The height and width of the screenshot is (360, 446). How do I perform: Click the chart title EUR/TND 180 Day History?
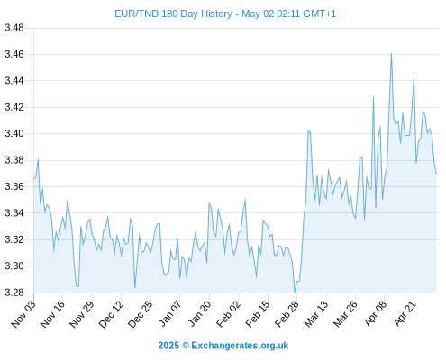pyautogui.click(x=173, y=13)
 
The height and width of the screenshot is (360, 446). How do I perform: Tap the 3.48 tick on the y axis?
pyautogui.click(x=14, y=28)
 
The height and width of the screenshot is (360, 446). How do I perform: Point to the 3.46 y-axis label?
pyautogui.click(x=14, y=54)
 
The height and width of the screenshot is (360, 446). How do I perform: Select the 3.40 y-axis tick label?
pyautogui.click(x=14, y=133)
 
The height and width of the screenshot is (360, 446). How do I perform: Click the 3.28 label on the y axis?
pyautogui.click(x=14, y=292)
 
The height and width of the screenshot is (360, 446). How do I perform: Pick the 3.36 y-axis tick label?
pyautogui.click(x=14, y=186)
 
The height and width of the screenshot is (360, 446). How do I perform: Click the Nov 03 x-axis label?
pyautogui.click(x=23, y=314)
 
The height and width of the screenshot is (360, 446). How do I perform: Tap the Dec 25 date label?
pyautogui.click(x=141, y=314)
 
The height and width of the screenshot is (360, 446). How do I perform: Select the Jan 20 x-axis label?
pyautogui.click(x=199, y=313)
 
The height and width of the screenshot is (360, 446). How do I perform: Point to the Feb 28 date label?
pyautogui.click(x=287, y=314)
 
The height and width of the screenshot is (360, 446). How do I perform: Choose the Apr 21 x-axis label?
pyautogui.click(x=405, y=313)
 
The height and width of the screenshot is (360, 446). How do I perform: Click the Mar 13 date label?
pyautogui.click(x=316, y=314)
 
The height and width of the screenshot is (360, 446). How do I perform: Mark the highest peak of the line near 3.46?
pyautogui.click(x=391, y=53)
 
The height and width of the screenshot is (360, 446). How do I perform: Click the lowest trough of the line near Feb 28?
pyautogui.click(x=295, y=292)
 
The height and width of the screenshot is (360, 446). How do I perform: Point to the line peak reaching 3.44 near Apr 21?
pyautogui.click(x=414, y=78)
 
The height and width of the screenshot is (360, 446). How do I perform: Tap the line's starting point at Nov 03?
pyautogui.click(x=33, y=179)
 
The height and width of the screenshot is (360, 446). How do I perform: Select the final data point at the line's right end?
pyautogui.click(x=436, y=174)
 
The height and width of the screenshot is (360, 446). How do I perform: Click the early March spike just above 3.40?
pyautogui.click(x=308, y=130)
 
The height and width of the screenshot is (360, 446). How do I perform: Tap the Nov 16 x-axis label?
pyautogui.click(x=52, y=314)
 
